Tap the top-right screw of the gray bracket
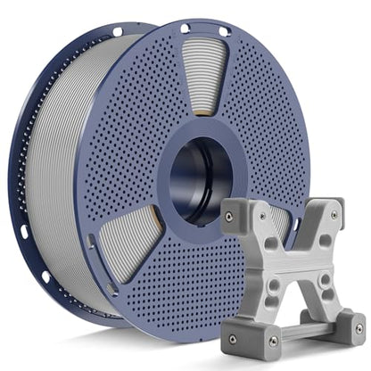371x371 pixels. pyautogui.click(x=334, y=215)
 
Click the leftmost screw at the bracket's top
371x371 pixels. pyautogui.click(x=229, y=214)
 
